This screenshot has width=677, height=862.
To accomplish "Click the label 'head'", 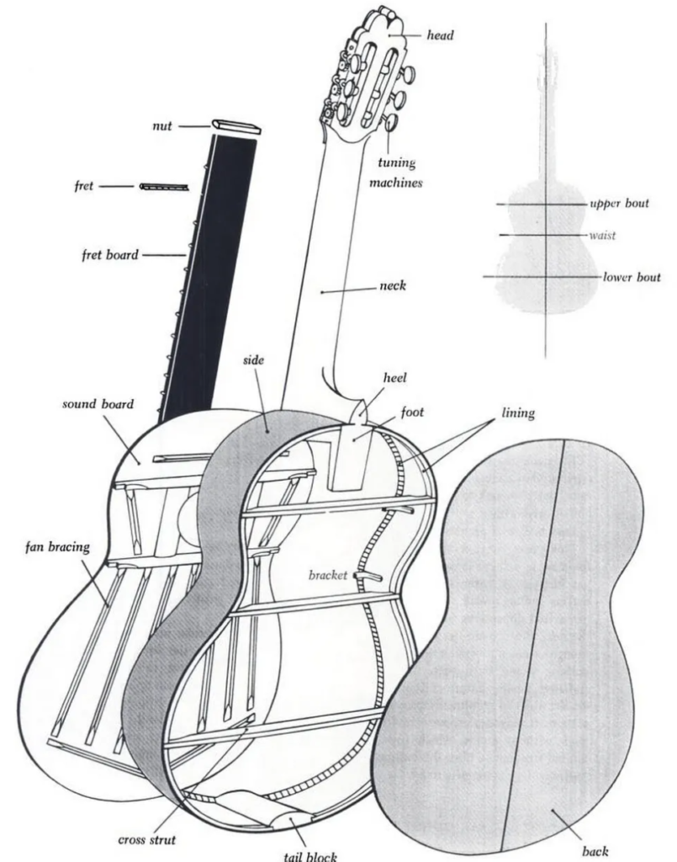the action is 441,35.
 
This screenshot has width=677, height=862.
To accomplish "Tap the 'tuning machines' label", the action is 396,173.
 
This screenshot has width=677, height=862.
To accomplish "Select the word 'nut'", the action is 162,126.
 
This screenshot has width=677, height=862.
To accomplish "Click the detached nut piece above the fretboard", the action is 236,126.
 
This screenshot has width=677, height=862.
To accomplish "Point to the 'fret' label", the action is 84,186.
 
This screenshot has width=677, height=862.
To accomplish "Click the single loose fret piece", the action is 164,187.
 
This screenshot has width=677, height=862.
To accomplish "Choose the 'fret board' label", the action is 110,254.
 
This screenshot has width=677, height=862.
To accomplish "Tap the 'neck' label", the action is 393,285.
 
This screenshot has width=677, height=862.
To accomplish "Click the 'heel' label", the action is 394,378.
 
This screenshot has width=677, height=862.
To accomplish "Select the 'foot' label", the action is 412,412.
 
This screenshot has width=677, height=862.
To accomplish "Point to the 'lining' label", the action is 518,412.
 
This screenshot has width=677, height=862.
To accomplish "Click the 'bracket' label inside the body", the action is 328,575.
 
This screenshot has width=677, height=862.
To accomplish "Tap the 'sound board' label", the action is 98,404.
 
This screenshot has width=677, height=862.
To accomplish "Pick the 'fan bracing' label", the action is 57,547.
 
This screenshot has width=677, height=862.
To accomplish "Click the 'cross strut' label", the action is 146,840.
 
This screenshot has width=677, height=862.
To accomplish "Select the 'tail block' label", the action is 310,855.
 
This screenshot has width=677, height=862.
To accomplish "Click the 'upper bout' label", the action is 619,204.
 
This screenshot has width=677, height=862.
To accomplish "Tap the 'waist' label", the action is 603,236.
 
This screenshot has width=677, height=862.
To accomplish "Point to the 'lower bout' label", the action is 632,277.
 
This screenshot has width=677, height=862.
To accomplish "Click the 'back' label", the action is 595,851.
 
